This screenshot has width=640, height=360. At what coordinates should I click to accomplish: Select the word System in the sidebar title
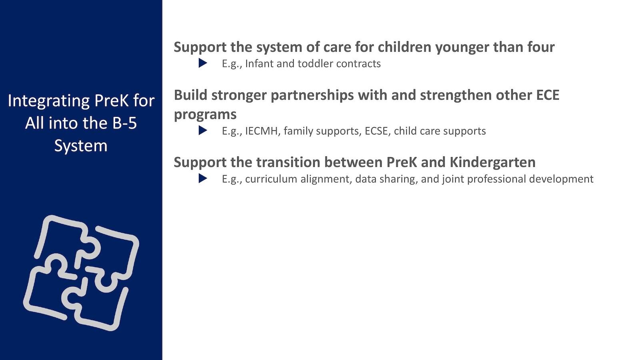[81, 146]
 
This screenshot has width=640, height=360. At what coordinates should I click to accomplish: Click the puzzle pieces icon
[81, 273]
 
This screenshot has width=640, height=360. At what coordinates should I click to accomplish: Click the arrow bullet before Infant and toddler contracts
[203, 63]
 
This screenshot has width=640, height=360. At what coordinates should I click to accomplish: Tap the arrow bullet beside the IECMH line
[203, 130]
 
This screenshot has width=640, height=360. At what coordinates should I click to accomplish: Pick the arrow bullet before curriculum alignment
[203, 178]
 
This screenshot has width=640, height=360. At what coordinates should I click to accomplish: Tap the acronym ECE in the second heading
[548, 95]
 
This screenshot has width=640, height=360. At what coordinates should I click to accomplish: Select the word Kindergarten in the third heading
[492, 163]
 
